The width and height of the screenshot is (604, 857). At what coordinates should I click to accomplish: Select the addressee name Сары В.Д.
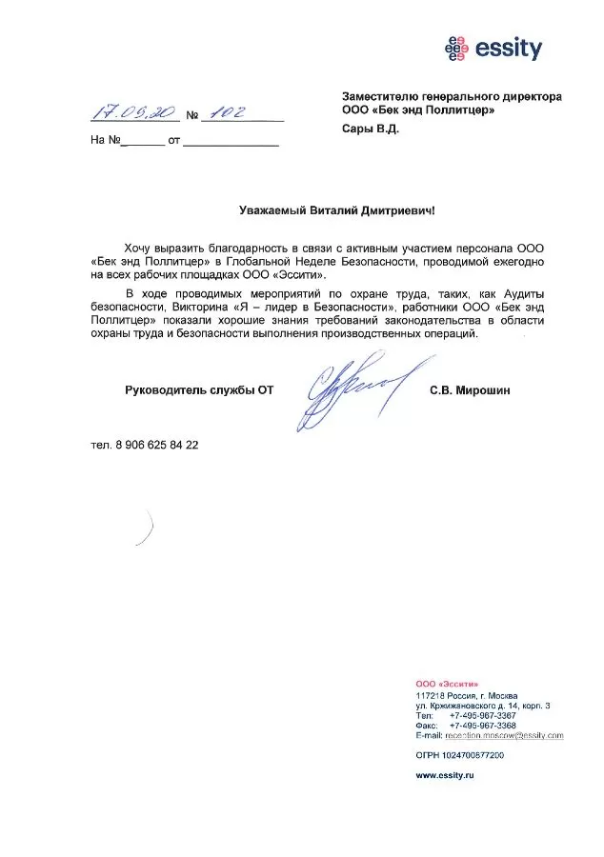pyautogui.click(x=371, y=129)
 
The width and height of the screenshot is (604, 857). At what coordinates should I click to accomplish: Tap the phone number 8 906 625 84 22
pyautogui.click(x=157, y=445)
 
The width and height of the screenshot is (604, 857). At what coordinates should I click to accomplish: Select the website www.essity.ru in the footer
pyautogui.click(x=445, y=776)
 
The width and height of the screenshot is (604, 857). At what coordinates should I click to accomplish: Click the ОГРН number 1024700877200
pyautogui.click(x=473, y=754)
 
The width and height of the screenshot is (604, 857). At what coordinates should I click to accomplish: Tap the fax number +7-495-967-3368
pyautogui.click(x=482, y=725)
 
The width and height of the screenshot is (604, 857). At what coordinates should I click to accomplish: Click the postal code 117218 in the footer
pyautogui.click(x=431, y=694)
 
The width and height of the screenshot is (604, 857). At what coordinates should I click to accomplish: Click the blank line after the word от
pyautogui.click(x=231, y=141)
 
